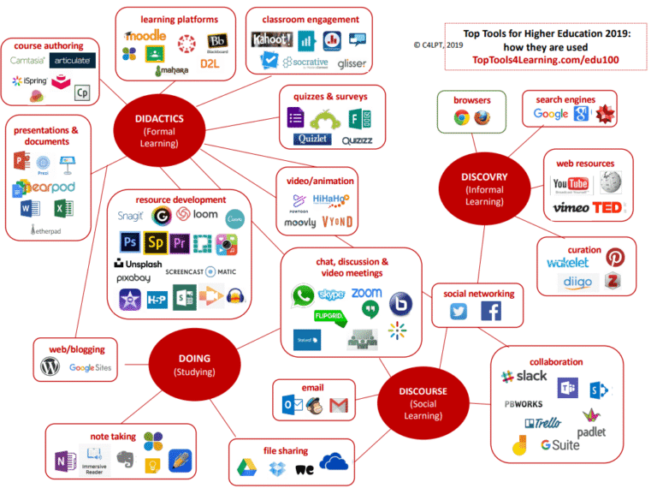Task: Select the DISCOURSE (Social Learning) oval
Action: [x=422, y=397]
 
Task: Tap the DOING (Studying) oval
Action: [x=194, y=365]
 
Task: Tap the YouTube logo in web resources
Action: [x=571, y=184]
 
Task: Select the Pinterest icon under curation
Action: [x=614, y=258]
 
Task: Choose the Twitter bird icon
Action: [x=459, y=312]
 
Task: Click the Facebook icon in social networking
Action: [x=491, y=312]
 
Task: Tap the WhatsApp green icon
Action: [x=301, y=296]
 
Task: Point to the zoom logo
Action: [x=366, y=293]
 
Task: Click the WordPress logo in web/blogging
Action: [x=50, y=367]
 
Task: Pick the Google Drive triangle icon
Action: [x=246, y=467]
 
